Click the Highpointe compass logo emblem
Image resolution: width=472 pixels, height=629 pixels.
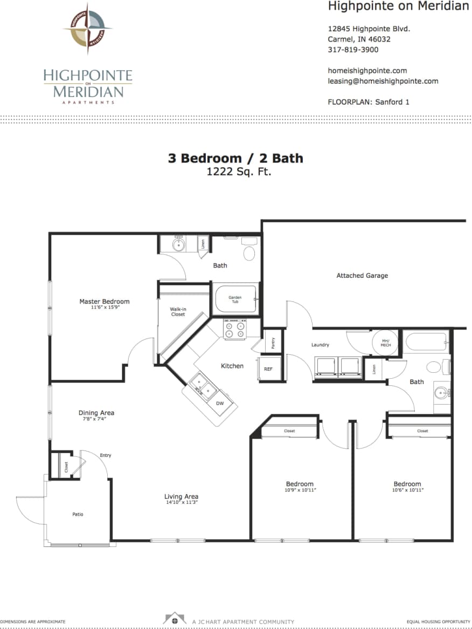87,28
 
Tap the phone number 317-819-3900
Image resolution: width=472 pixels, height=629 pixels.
353,50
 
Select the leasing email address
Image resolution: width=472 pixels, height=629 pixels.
383,81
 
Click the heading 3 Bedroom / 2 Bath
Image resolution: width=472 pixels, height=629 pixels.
235,158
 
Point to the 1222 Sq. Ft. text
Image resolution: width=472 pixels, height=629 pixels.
235,172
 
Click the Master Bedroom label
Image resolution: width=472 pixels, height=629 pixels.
105,302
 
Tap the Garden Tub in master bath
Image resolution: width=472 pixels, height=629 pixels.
235,299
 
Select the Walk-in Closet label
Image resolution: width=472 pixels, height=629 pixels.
178,311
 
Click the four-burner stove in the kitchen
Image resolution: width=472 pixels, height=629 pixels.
235,329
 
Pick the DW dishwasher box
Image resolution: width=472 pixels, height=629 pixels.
220,403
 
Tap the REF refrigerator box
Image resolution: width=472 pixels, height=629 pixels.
268,370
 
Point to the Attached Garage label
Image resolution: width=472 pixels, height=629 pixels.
362,276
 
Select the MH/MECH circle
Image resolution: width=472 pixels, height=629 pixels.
385,342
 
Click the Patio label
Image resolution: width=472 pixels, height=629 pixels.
78,514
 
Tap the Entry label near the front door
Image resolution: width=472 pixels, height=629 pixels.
105,455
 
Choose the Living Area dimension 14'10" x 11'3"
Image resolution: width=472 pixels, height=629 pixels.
181,503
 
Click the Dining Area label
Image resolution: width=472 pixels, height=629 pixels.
96,413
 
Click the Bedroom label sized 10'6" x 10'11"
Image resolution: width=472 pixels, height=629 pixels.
407,484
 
